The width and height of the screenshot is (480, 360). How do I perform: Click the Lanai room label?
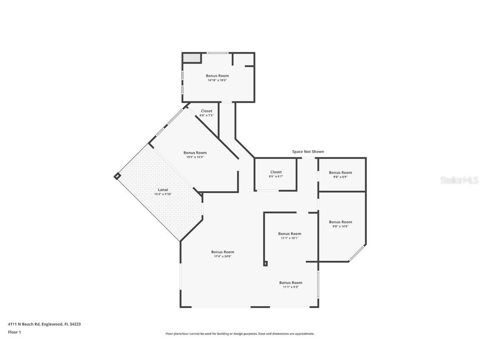click(x=163, y=190)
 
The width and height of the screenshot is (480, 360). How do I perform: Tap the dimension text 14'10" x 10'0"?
click(x=217, y=80)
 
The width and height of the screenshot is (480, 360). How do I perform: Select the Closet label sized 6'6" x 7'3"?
click(x=206, y=111)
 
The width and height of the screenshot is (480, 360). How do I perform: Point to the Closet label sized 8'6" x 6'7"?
click(x=276, y=172)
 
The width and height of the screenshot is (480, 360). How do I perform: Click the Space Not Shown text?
click(x=308, y=152)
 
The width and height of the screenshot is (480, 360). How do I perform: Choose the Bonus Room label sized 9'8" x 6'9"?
click(x=340, y=172)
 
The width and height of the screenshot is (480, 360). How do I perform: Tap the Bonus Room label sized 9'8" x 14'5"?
click(x=340, y=222)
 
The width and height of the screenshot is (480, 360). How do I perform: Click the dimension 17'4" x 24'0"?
click(x=222, y=257)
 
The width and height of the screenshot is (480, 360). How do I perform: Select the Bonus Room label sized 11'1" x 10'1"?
click(x=290, y=234)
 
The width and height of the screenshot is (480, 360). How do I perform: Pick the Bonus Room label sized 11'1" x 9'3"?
click(x=291, y=283)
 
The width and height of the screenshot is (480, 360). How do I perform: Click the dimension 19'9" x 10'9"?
click(x=195, y=157)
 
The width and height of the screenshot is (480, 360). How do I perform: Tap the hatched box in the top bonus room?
click(x=192, y=58)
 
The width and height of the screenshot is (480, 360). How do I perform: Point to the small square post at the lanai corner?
click(x=117, y=176)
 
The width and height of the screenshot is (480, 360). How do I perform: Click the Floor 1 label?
click(x=14, y=332)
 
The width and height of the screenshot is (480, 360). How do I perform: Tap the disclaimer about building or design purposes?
click(x=240, y=334)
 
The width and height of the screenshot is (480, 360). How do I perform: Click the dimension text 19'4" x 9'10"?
click(x=163, y=194)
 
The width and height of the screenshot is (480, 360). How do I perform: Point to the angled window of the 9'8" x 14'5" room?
click(x=357, y=253)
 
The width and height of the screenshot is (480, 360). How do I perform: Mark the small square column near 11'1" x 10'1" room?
click(x=265, y=263)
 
